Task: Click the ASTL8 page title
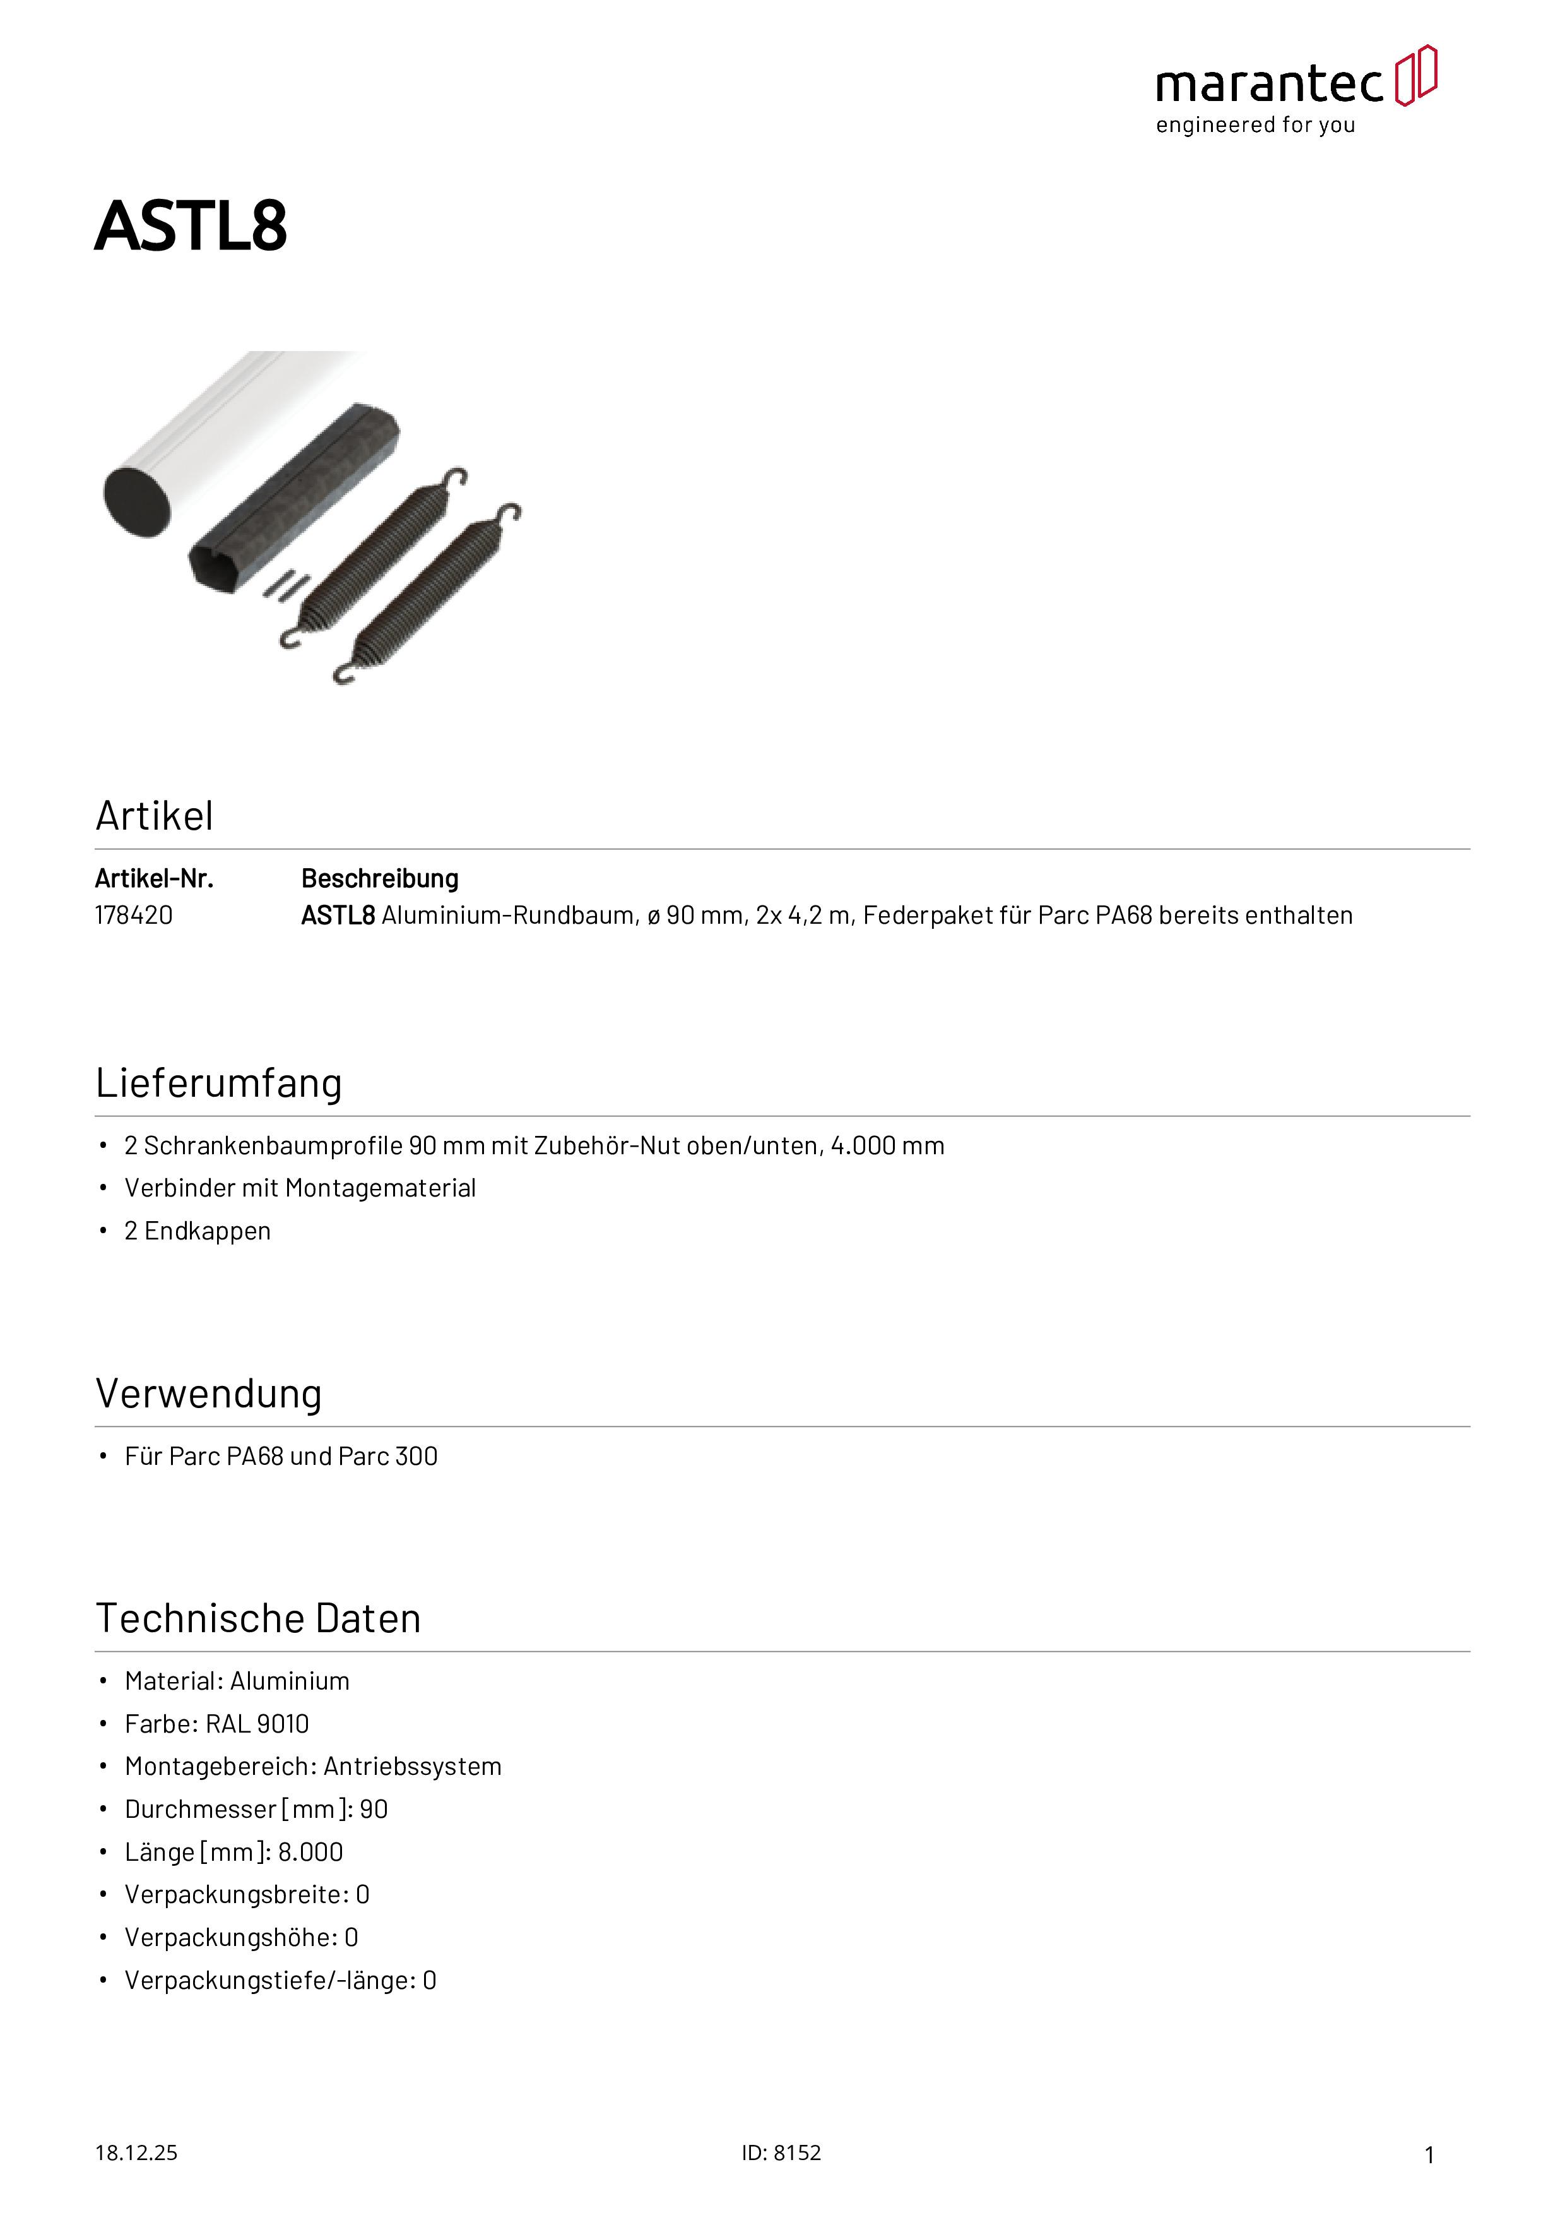[x=191, y=226]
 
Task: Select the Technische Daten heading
[x=259, y=1619]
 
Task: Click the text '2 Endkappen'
[x=198, y=1231]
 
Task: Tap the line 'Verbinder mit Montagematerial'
[x=300, y=1188]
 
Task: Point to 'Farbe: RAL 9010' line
[x=217, y=1724]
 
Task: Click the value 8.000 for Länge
[x=310, y=1853]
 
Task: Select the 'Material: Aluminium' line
[x=237, y=1681]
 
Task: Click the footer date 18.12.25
[x=136, y=2152]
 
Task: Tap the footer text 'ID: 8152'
[x=781, y=2152]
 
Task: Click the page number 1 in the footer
[x=1429, y=2154]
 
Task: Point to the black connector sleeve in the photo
[x=294, y=497]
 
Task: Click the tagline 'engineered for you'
[x=1256, y=126]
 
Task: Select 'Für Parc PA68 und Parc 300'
[x=281, y=1456]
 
